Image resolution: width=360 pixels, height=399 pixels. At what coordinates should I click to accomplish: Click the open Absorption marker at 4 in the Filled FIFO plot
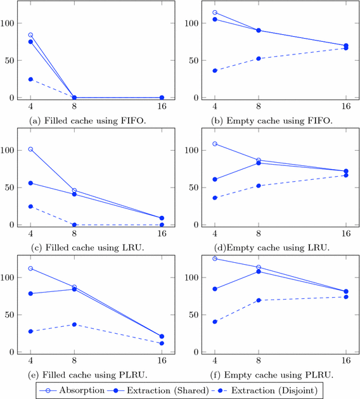[x=30, y=35]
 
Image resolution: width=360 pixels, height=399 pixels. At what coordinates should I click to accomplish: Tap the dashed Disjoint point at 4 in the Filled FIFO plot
[x=30, y=79]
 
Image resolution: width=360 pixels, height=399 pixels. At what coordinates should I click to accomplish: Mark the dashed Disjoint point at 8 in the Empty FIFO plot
[x=258, y=58]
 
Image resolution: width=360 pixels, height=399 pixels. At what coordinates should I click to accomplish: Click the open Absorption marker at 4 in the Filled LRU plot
[x=30, y=149]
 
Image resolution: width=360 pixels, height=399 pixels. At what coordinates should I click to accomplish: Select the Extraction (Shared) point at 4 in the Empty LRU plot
[x=215, y=179]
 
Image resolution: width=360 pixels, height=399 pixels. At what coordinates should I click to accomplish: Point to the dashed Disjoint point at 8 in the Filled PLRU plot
[x=74, y=324]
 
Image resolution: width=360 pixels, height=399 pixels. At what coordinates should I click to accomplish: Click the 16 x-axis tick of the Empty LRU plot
[x=346, y=235]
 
